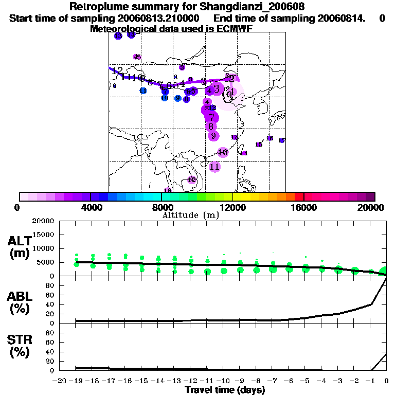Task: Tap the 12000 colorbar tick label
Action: (x=233, y=207)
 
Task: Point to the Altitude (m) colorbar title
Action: (x=190, y=215)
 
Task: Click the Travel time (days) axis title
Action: (x=225, y=390)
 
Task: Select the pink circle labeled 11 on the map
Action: (x=215, y=167)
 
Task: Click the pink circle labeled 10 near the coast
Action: (x=223, y=152)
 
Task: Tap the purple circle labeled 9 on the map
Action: (x=213, y=136)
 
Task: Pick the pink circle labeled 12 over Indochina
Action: (x=192, y=180)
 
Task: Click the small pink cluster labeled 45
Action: (x=137, y=57)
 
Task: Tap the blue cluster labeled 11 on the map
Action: (x=143, y=91)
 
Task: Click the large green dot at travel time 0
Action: (x=385, y=272)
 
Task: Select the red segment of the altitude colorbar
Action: (x=299, y=196)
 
